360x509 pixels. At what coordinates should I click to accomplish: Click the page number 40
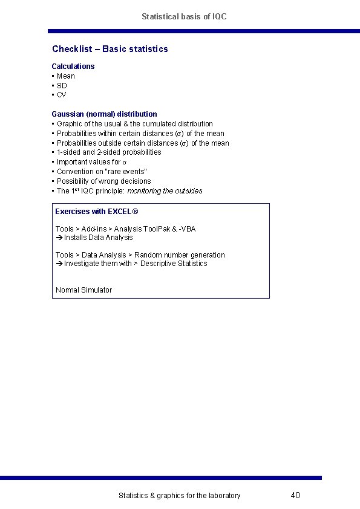coord(295,496)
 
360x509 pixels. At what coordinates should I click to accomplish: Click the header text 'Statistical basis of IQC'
coord(184,17)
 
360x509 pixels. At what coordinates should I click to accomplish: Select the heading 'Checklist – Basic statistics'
coord(110,49)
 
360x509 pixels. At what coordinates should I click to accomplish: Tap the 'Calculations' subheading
coord(73,66)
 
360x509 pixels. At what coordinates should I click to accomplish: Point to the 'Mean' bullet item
coord(66,76)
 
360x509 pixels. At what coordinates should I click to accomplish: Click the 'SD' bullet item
coord(62,86)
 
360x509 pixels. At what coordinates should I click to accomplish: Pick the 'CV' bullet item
coord(62,95)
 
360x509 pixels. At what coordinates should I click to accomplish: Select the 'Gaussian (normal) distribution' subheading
coord(104,114)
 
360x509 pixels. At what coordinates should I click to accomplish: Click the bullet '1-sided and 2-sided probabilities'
coord(109,152)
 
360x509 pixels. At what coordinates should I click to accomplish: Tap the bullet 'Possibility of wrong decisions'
coord(103,181)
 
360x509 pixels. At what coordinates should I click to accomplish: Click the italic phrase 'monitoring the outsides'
coord(165,191)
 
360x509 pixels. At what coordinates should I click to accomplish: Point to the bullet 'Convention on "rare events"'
coord(102,172)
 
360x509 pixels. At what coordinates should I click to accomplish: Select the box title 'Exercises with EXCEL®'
coord(97,212)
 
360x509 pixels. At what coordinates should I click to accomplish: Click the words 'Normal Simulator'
coord(83,290)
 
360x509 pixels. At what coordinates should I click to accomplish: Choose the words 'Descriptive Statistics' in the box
coord(174,264)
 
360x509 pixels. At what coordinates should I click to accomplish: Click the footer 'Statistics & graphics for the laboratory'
coord(179,496)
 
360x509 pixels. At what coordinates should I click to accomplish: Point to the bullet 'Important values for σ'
coord(91,162)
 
